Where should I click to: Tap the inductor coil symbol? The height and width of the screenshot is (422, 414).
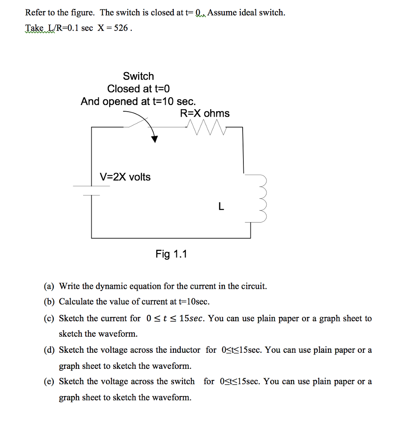pos(260,198)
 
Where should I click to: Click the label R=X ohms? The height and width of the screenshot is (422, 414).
pos(205,113)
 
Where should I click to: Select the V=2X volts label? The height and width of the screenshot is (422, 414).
pos(125,177)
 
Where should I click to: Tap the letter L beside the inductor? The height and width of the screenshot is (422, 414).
pos(221,207)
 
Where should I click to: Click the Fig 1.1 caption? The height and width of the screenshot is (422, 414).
pos(171,254)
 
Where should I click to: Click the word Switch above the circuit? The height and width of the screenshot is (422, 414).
pos(138,76)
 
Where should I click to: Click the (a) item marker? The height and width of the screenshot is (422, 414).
pos(49,286)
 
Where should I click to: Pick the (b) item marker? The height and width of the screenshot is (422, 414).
pos(49,302)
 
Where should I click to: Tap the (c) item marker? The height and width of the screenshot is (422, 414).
pos(49,319)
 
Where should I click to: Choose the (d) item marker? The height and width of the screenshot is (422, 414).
pos(49,350)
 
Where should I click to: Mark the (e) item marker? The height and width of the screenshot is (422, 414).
pos(49,382)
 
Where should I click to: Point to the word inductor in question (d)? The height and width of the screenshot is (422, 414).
pos(185,350)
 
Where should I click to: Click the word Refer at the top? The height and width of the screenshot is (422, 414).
pos(35,13)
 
